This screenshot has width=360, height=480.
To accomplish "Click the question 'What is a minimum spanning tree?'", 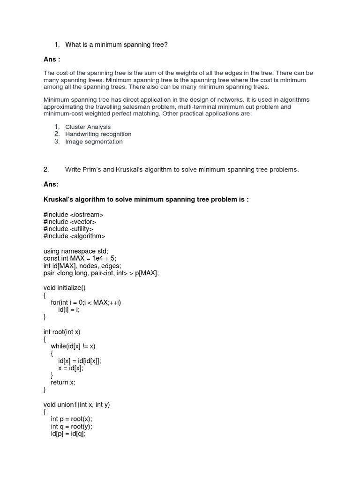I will click(116, 45).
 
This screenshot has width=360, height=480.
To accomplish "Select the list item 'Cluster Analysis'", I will click(88, 127).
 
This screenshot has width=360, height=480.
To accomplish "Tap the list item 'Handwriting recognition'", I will click(98, 134).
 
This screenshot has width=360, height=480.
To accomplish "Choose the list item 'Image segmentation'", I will click(94, 142).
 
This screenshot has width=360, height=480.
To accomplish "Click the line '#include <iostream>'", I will click(74, 214).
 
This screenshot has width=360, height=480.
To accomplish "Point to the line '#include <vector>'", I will click(70, 222).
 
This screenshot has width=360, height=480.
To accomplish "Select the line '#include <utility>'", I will click(68, 229).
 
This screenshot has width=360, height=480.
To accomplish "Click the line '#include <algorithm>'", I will click(75, 236).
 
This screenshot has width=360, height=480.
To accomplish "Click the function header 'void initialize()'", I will click(65, 287).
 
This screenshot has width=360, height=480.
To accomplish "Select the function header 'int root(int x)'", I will click(62, 331).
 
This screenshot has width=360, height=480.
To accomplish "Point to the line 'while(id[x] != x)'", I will click(76, 346).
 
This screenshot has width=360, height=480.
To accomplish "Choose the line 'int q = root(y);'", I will click(72, 427).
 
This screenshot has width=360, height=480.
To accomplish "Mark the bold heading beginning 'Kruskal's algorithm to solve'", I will click(146, 199).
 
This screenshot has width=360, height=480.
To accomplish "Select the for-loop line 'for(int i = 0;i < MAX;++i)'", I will click(86, 302).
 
